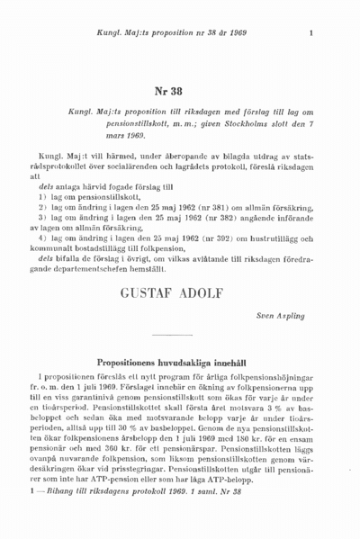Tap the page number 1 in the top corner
tap(310, 35)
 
